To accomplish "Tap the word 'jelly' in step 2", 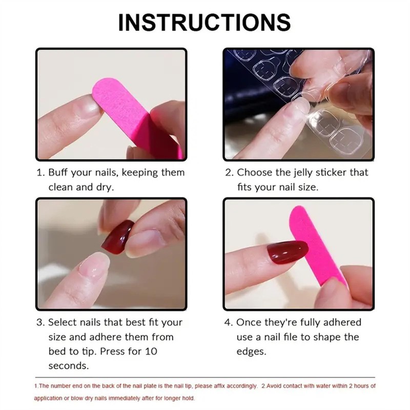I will point(301,173).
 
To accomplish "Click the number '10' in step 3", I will point(152,352).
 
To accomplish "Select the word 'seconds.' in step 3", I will point(68,366).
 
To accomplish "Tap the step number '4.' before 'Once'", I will point(230,322).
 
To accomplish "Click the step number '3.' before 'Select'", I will point(40,322).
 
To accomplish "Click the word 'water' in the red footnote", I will point(322,386).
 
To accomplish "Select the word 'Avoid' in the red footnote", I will point(276,386).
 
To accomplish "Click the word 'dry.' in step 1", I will point(104,187).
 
